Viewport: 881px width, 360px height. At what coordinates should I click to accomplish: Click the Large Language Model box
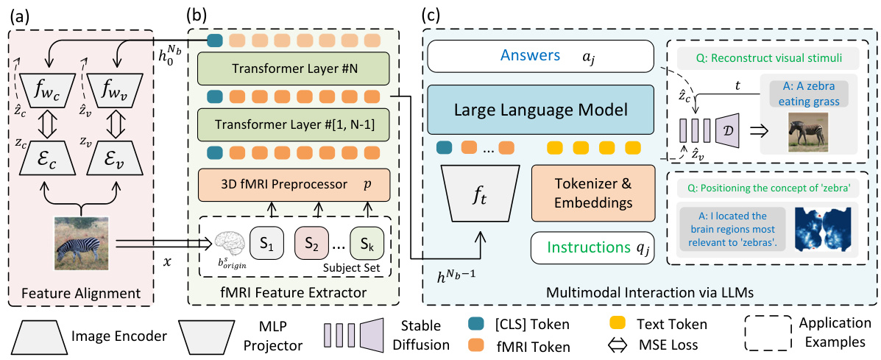541,110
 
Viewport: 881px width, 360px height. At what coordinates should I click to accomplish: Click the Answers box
541,55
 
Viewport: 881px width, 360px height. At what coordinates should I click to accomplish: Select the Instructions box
592,248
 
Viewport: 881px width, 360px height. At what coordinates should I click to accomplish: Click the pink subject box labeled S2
311,242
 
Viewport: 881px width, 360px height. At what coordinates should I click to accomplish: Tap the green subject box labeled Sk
366,242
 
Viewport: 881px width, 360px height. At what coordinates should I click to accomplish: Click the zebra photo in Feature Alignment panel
81,243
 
